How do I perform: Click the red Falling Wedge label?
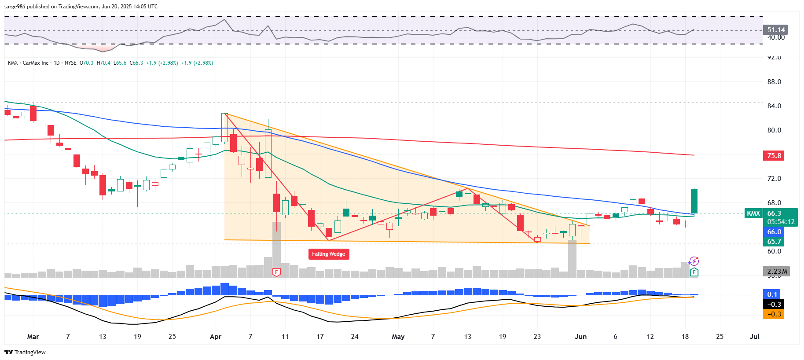pos(328,254)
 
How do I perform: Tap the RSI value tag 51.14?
pos(775,30)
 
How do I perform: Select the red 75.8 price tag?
pos(774,156)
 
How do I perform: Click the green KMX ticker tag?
pos(753,213)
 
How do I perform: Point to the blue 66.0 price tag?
pos(774,232)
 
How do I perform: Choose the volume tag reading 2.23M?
pos(777,272)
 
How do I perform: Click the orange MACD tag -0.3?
pos(774,314)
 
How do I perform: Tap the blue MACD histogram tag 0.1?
pos(772,294)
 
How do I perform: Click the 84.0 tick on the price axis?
pos(774,106)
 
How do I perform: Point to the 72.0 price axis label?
pos(774,179)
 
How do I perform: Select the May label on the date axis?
pos(398,337)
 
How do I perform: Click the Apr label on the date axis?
pos(216,337)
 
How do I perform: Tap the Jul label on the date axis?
pos(754,337)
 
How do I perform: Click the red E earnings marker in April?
pos(276,272)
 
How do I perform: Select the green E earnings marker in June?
pos(694,272)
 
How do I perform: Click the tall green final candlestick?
pos(694,201)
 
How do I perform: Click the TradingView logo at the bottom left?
pos(25,352)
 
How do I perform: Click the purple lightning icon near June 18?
pos(694,261)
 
